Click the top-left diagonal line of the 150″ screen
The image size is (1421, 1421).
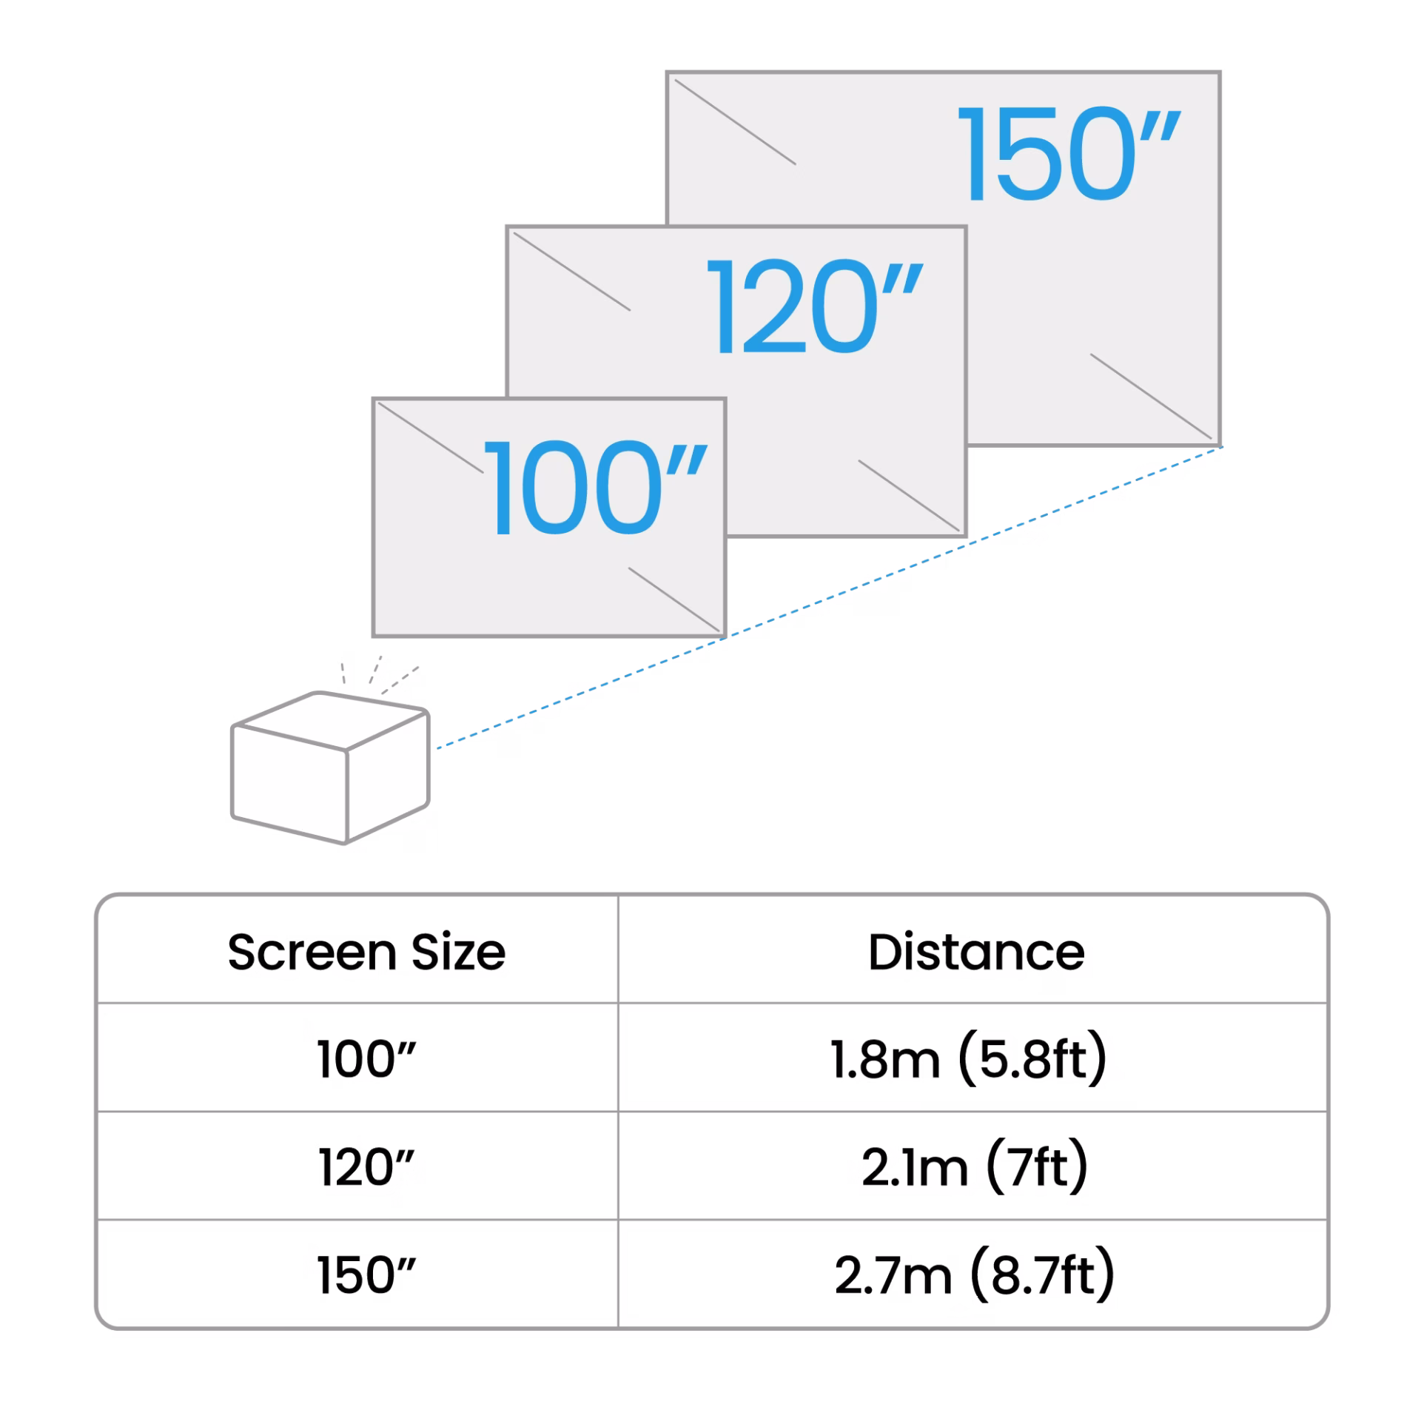coord(735,121)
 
